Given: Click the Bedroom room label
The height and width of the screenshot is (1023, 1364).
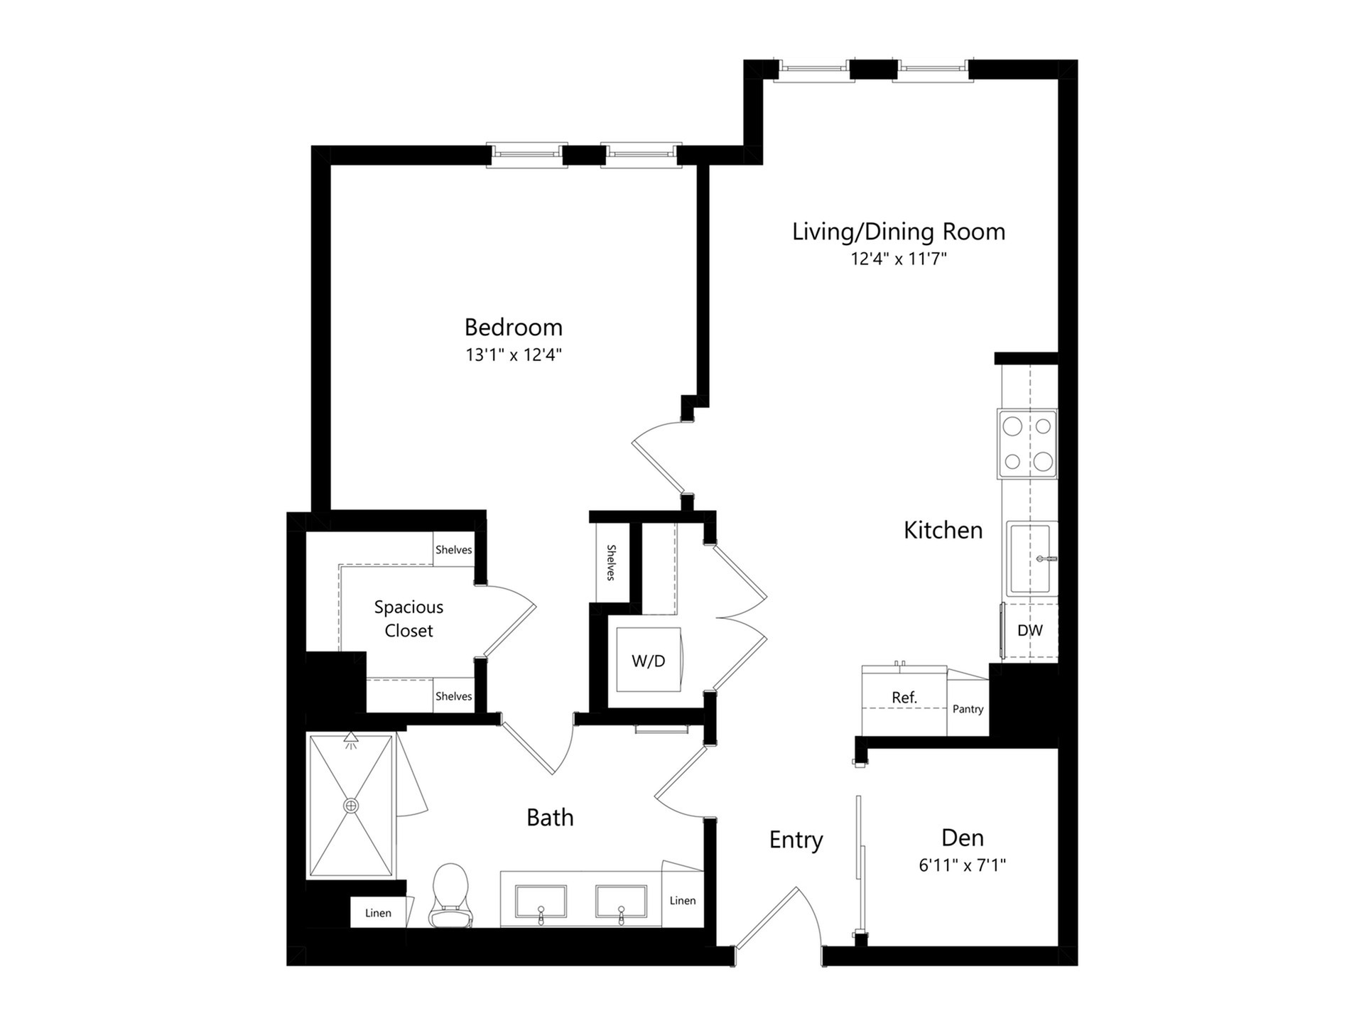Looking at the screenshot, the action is click(x=513, y=327).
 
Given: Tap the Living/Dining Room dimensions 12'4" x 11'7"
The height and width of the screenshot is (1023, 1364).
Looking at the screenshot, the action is click(x=899, y=259).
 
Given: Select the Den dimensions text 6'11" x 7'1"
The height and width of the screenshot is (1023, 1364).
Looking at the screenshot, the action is click(x=963, y=865).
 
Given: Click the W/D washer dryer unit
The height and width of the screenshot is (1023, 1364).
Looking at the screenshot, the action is click(x=649, y=659).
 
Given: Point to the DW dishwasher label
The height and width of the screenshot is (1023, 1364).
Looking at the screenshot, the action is click(x=1030, y=630).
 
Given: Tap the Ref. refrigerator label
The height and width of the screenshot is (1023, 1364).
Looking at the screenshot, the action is click(x=904, y=698).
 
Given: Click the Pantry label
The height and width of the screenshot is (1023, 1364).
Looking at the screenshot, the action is click(x=968, y=709).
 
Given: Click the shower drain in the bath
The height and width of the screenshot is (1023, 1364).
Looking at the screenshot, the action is click(x=351, y=806).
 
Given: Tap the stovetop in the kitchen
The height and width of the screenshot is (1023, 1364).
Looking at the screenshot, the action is click(x=1027, y=444).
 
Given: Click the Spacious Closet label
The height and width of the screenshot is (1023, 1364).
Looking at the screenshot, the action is click(x=408, y=619).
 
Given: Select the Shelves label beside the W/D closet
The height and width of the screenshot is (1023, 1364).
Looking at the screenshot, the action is click(x=611, y=563).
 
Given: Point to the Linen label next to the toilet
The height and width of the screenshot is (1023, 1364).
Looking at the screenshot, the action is click(x=378, y=913).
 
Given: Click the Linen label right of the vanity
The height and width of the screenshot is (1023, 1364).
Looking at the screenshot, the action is click(x=683, y=900).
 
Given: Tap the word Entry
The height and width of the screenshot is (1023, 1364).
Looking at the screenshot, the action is click(x=796, y=840).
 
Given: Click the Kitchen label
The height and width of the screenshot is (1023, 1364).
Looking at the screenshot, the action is click(x=943, y=530).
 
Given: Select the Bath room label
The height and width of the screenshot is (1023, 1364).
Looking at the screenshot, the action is click(x=550, y=818).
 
